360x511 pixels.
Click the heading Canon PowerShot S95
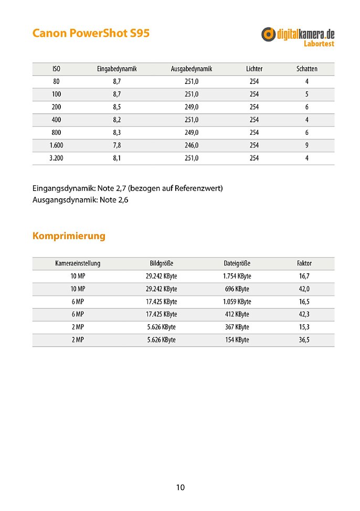coord(91,33)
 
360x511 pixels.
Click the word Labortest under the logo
coord(319,44)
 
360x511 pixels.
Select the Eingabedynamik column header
coord(117,69)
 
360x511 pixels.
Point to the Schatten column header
coord(306,69)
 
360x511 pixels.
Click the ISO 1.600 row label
coord(56,145)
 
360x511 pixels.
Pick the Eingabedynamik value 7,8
coord(117,145)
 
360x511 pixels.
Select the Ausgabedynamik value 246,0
coord(192,145)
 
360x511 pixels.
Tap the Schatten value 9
coord(306,145)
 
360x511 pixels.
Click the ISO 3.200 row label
coord(56,158)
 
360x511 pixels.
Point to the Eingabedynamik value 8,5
coord(117,107)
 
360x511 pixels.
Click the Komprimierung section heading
coord(69,236)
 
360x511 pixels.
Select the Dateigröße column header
coord(237,263)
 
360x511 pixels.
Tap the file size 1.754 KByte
coord(237,276)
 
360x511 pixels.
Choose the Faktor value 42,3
coord(304,314)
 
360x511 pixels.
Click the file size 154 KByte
coord(237,340)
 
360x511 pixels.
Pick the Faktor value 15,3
coord(304,327)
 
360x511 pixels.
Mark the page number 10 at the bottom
coord(180,487)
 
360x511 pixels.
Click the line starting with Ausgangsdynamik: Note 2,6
coord(80,200)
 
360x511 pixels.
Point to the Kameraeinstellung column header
coord(78,263)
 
